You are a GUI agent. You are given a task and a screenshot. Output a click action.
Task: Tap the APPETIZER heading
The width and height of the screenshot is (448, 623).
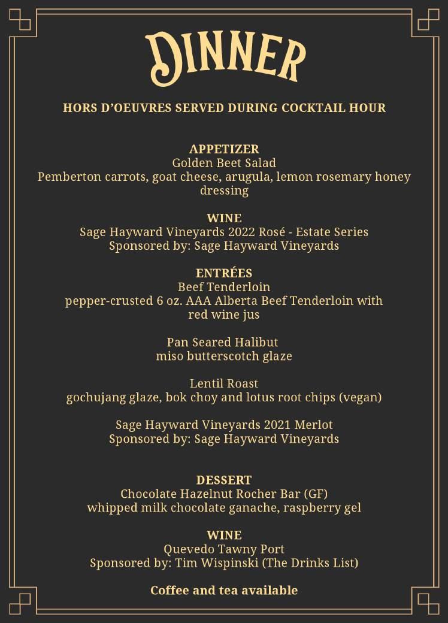point(224,149)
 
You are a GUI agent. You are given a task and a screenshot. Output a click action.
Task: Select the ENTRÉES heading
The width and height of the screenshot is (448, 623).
point(224,273)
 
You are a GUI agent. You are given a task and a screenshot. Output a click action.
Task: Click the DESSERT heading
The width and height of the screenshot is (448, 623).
point(224,480)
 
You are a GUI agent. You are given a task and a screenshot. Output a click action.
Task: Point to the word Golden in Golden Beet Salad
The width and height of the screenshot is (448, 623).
point(191,163)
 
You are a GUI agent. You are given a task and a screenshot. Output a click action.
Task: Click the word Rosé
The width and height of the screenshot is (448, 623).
point(273,232)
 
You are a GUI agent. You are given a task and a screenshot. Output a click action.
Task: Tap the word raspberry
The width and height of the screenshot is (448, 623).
point(317,508)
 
